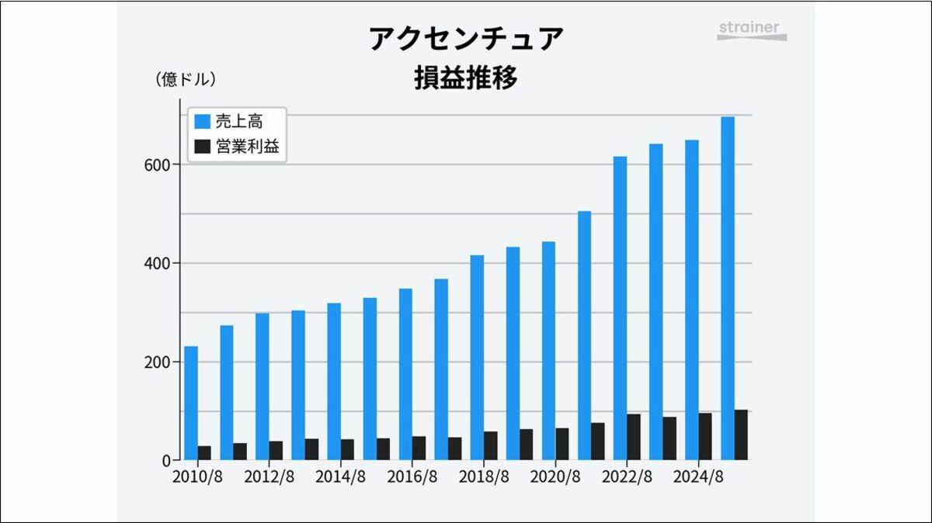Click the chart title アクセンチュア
pos(466,39)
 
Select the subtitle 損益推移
pos(466,78)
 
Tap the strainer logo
pos(751,30)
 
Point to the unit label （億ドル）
pos(186,79)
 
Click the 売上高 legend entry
pos(238,122)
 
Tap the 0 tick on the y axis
pos(165,460)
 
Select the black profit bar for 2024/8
pos(705,437)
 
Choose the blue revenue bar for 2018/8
pos(477,357)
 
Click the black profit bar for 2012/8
pos(276,451)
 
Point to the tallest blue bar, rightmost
pos(728,288)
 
